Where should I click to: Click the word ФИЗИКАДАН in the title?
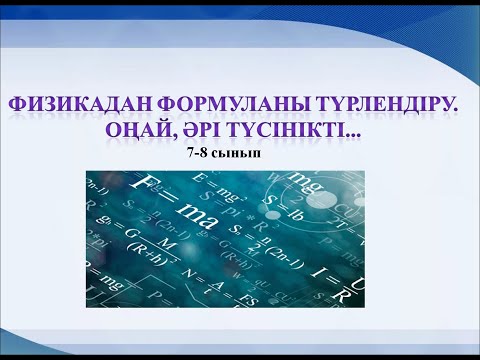click(x=75, y=104)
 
